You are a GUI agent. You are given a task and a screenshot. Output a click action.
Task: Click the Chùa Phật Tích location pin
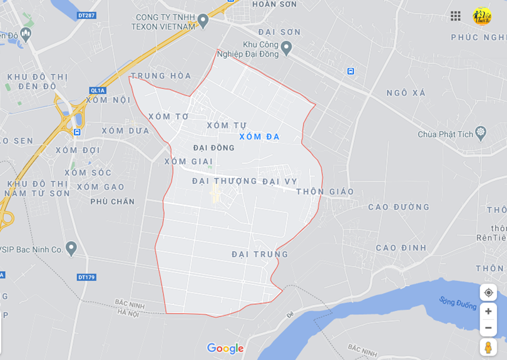pos(480,133)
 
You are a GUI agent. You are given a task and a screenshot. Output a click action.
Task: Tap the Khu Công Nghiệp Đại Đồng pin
pos(286,47)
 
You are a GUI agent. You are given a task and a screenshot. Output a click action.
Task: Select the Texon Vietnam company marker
pos(202,21)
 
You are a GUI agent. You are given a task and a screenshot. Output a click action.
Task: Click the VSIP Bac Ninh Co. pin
pos(71,249)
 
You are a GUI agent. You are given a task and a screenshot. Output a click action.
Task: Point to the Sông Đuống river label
pos(457,304)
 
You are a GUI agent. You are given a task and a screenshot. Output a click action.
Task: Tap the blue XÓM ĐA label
pos(259,136)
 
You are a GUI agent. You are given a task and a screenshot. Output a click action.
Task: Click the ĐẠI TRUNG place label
pos(260,254)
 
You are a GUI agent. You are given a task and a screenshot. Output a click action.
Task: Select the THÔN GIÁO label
pos(325,192)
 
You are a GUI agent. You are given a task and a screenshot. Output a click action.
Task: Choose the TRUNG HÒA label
pos(161,76)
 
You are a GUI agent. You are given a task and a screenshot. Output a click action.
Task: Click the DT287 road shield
pos(86,15)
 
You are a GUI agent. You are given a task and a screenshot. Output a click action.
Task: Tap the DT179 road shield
pos(86,277)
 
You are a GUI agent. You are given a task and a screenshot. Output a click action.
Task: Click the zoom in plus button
pos(488,311)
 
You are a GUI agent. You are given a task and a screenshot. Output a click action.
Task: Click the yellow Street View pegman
pos(488,347)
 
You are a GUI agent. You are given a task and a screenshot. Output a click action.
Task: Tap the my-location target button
pos(488,292)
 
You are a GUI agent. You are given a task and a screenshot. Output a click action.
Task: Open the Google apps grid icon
pos(456,16)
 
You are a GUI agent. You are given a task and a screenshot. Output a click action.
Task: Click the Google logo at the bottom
pos(225,348)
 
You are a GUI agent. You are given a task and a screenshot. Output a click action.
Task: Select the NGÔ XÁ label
pos(406,93)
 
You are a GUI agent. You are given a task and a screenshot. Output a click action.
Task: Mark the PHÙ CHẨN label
pos(113,202)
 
